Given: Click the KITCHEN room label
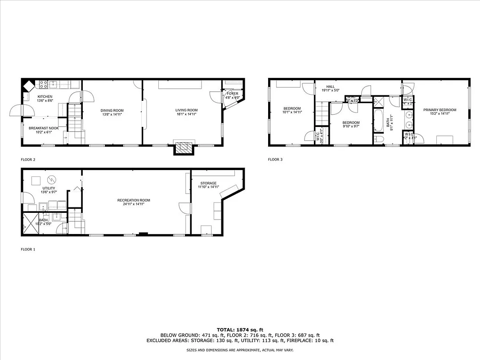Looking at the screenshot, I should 45,97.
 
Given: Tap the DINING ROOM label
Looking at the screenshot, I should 112,110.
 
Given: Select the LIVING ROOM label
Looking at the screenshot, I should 186,110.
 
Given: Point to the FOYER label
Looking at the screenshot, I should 233,94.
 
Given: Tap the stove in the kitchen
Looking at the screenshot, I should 44,83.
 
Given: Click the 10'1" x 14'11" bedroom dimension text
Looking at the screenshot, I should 292,112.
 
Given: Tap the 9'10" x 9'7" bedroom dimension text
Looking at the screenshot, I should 351,126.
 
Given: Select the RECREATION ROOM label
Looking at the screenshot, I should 134,200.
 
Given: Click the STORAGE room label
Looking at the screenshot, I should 209,183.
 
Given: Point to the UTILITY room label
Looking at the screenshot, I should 49,188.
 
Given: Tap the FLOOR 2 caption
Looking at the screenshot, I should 28,159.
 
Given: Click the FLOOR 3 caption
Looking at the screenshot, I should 275,159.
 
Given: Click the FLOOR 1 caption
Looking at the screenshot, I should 28,249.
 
